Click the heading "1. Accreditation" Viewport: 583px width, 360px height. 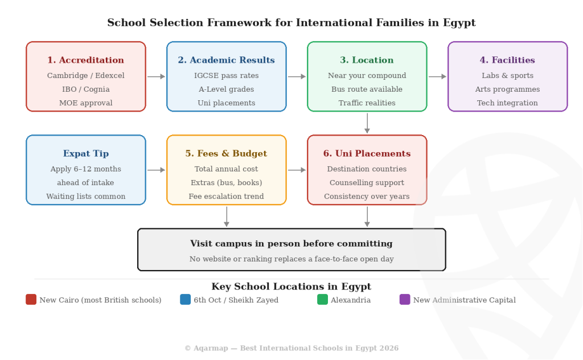[85, 60]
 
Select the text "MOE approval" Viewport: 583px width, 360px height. [85, 103]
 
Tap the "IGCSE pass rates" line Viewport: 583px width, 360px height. [226, 76]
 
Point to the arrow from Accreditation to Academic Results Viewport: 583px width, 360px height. [156, 76]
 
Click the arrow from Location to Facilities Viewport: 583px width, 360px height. [437, 76]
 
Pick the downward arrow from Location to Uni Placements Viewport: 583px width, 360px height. [367, 123]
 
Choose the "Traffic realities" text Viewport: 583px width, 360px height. [367, 103]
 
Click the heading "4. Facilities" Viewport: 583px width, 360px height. [507, 60]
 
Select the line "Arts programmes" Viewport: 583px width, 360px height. [507, 89]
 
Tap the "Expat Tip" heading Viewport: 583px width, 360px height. [85, 153]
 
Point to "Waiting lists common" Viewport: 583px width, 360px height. [85, 197]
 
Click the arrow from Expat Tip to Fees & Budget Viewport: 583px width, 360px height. [156, 170]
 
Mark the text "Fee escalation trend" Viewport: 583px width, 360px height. [226, 197]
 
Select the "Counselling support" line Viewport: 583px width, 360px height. [367, 183]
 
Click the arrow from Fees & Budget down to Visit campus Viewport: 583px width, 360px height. [227, 216]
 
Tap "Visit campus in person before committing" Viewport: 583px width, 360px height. [291, 244]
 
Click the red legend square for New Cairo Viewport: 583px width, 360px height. [31, 300]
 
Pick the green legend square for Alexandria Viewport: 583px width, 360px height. [322, 300]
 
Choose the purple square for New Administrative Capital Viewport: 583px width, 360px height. [405, 300]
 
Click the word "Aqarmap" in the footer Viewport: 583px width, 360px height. [211, 349]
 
